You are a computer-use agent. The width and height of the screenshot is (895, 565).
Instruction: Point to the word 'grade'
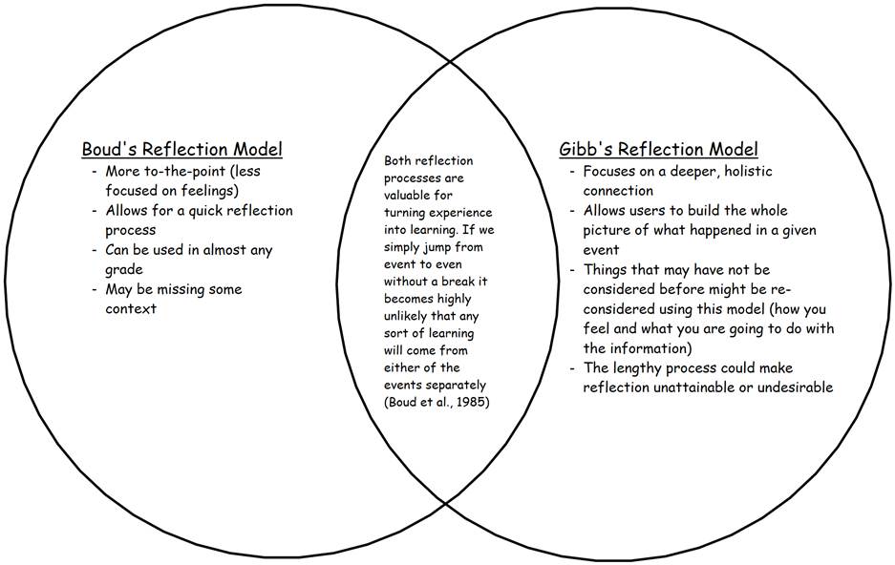click(x=123, y=270)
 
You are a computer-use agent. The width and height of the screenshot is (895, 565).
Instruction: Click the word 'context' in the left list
click(x=132, y=309)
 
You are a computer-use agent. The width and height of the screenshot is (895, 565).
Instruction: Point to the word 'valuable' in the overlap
click(x=413, y=195)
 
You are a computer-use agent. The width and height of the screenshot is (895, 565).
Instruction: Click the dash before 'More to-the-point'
click(x=94, y=172)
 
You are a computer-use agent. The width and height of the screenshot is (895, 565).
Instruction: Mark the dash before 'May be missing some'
click(x=94, y=290)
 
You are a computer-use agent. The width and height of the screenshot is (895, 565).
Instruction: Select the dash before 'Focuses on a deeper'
click(x=571, y=172)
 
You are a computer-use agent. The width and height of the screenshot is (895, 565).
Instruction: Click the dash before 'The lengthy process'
click(x=571, y=368)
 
